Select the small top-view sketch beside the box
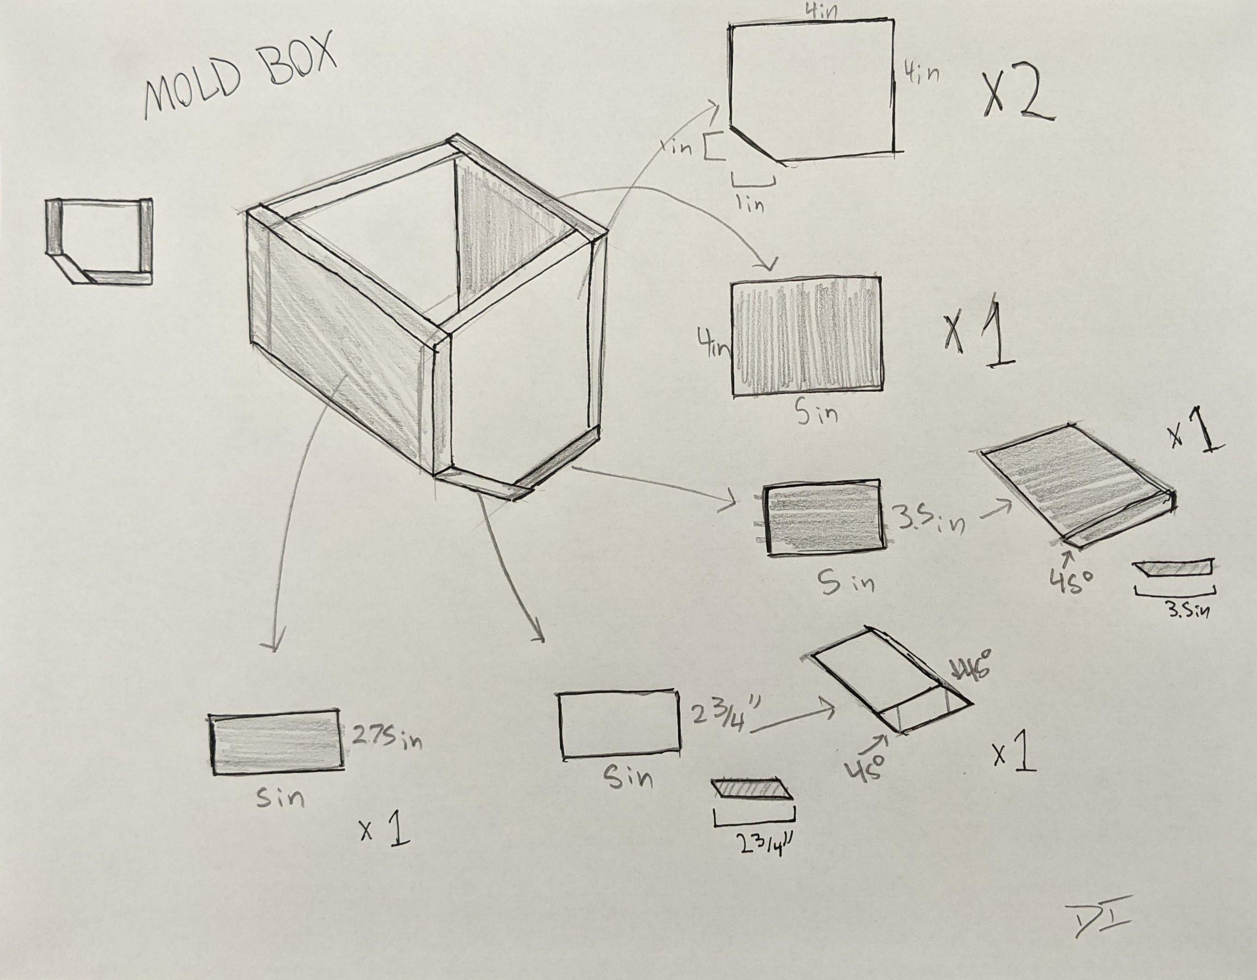tap(99, 241)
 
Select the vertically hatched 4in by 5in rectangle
tap(806, 336)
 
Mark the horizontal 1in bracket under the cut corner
tap(753, 180)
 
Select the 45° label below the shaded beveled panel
tap(1069, 581)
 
